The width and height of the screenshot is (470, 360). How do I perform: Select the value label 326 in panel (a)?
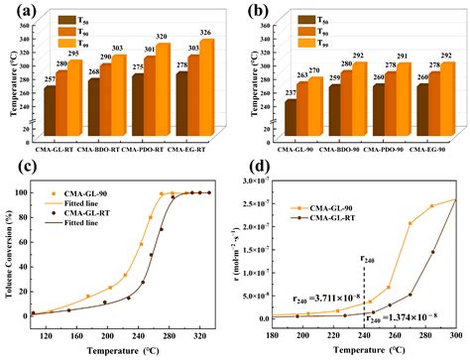click(209, 33)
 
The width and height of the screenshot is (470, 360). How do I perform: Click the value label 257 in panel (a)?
click(50, 78)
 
